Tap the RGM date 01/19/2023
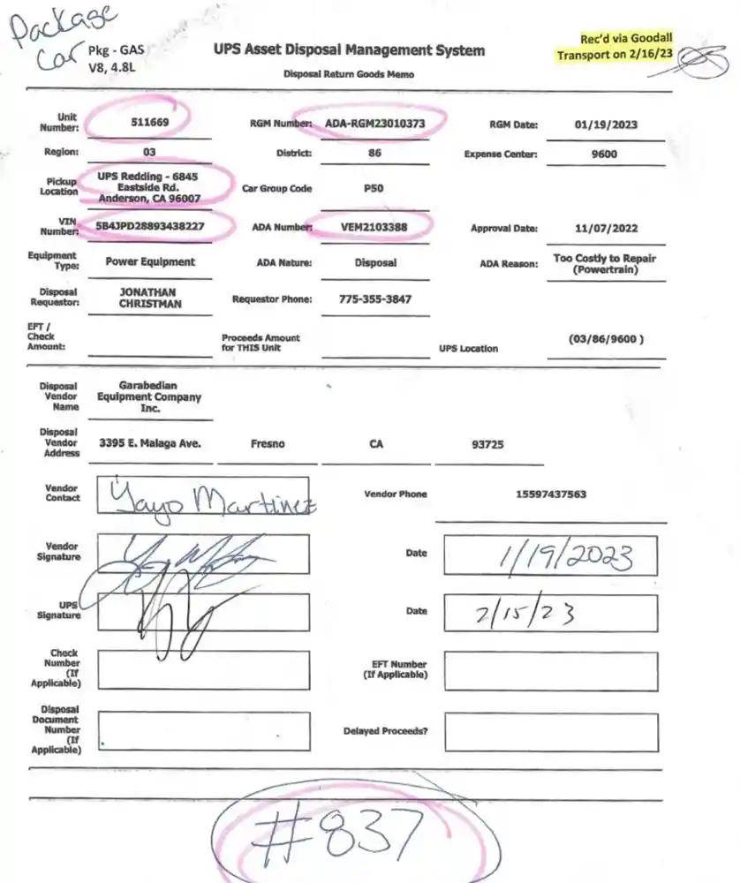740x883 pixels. click(605, 125)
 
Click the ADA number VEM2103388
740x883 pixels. click(374, 227)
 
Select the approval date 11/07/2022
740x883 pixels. click(605, 228)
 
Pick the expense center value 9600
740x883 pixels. click(605, 154)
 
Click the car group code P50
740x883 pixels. click(374, 188)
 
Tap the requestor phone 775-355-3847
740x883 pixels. click(374, 298)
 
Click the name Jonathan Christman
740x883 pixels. click(149, 297)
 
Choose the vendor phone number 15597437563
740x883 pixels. click(550, 494)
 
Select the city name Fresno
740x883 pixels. click(268, 444)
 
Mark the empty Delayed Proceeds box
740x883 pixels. click(550, 732)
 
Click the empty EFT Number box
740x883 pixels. click(550, 671)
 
